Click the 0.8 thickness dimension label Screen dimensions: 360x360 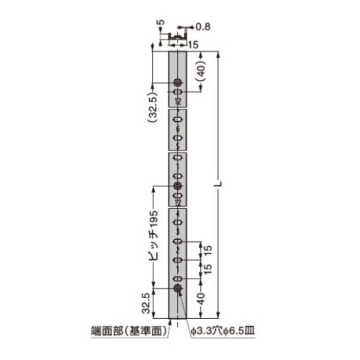tap(203, 27)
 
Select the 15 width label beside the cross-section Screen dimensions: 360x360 tap(193, 45)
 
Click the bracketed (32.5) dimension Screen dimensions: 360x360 tap(153, 107)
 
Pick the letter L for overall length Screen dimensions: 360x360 tap(218, 184)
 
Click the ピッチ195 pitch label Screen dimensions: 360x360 tap(153, 235)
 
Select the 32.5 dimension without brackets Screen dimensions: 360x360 tap(146, 303)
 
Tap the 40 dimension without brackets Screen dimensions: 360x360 tap(201, 299)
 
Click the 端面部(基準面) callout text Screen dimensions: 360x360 tap(129, 331)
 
